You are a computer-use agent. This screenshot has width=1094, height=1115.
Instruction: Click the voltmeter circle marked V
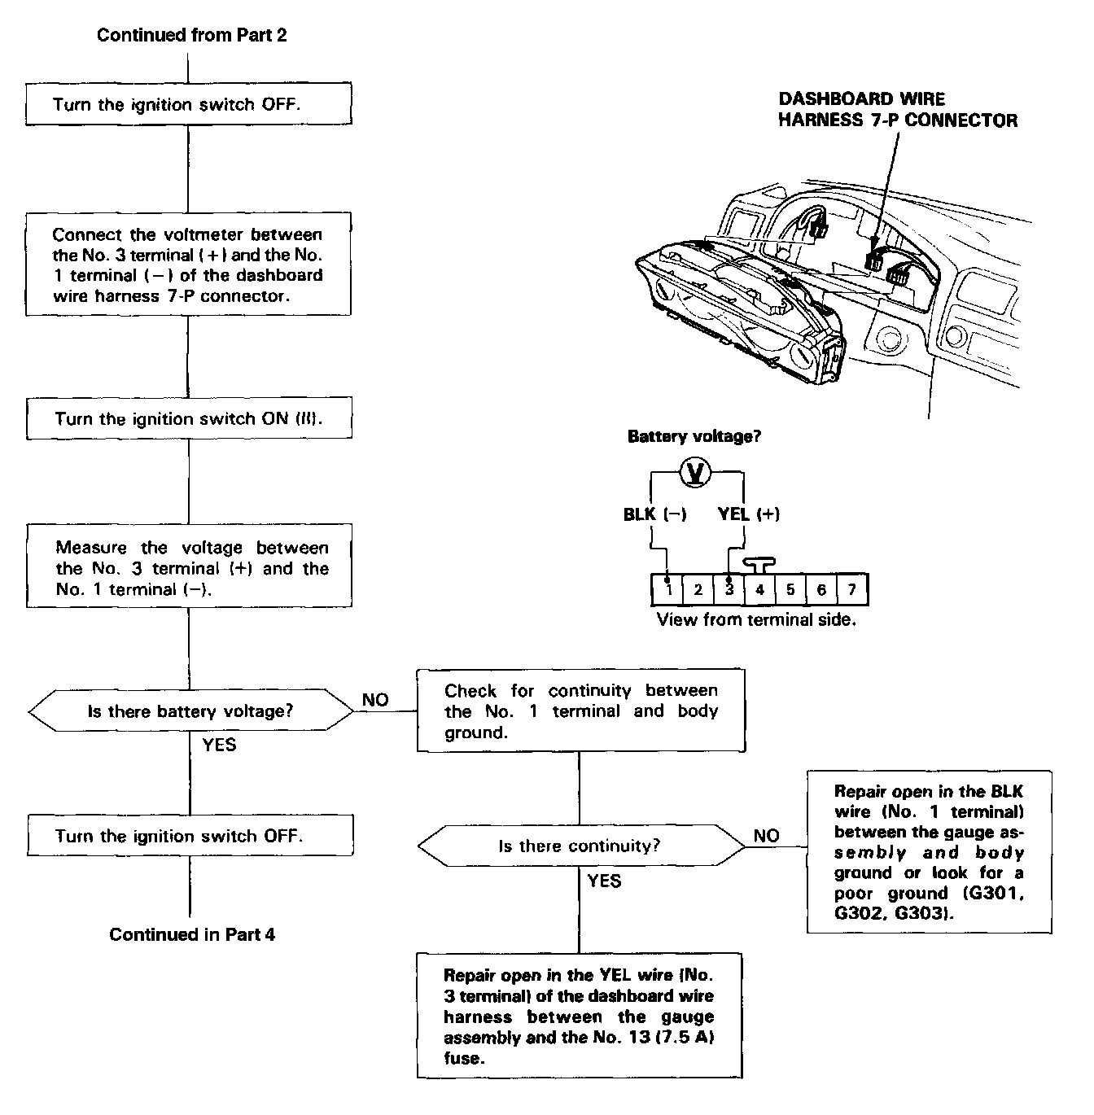pyautogui.click(x=696, y=472)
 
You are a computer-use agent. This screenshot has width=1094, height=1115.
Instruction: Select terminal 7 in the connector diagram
pyautogui.click(x=851, y=589)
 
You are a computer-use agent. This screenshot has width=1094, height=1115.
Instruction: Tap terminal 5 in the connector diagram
pyautogui.click(x=790, y=589)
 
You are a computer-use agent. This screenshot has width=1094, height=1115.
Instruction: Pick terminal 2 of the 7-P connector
pyautogui.click(x=698, y=589)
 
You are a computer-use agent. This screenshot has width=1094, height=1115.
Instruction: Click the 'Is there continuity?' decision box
pyautogui.click(x=580, y=846)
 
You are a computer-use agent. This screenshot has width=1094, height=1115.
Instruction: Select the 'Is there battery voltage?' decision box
pyautogui.click(x=190, y=711)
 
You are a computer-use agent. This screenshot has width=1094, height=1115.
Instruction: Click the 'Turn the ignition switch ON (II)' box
pyautogui.click(x=189, y=419)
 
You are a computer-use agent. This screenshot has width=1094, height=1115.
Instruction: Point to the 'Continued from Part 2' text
pyautogui.click(x=192, y=35)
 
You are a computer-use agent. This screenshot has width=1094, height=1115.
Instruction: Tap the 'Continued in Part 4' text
pyautogui.click(x=192, y=934)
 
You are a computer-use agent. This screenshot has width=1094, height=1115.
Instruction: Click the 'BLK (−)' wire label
pyautogui.click(x=654, y=514)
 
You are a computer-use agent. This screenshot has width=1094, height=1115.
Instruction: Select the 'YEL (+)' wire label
pyautogui.click(x=748, y=514)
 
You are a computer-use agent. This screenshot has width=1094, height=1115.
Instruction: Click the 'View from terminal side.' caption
pyautogui.click(x=756, y=619)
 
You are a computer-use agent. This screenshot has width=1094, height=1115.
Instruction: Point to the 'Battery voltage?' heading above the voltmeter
pyautogui.click(x=694, y=437)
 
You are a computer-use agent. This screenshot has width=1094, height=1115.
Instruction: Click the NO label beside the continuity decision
pyautogui.click(x=766, y=836)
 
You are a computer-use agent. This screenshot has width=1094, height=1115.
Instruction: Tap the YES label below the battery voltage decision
pyautogui.click(x=219, y=744)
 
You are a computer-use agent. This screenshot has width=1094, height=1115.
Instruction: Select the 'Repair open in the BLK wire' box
pyautogui.click(x=929, y=851)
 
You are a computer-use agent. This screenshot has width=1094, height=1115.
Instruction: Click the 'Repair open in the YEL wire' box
pyautogui.click(x=580, y=1016)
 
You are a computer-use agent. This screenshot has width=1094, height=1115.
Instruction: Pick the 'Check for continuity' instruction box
pyautogui.click(x=580, y=711)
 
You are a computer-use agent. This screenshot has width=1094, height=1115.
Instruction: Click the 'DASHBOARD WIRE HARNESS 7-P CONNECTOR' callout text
pyautogui.click(x=898, y=110)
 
